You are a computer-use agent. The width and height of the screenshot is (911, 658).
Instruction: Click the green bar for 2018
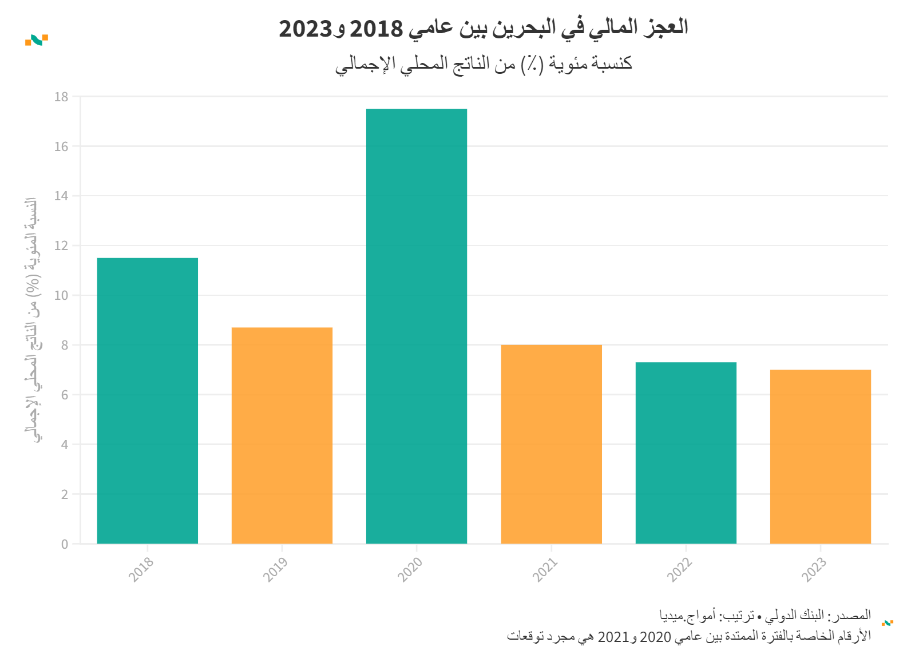(x=147, y=401)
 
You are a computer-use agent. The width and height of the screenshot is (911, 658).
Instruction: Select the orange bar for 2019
(x=282, y=435)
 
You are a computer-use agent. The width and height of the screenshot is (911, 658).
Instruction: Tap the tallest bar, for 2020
(x=416, y=326)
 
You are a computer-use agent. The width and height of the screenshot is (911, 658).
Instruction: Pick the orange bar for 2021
(x=551, y=444)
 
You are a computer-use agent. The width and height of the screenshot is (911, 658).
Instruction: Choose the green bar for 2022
(x=686, y=453)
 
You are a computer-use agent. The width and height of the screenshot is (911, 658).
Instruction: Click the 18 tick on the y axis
(x=61, y=97)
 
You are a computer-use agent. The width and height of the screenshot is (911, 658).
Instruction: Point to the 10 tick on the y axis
(x=61, y=296)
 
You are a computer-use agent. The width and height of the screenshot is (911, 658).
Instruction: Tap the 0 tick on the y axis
(x=65, y=544)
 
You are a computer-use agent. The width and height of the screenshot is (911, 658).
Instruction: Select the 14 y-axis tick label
(x=61, y=196)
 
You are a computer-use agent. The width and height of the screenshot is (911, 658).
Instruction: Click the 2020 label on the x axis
(x=410, y=569)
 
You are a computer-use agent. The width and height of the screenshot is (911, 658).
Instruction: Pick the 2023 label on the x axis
(x=814, y=569)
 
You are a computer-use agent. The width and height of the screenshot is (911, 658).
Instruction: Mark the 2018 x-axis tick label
(x=141, y=569)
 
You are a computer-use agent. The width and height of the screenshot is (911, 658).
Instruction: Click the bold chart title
(x=483, y=27)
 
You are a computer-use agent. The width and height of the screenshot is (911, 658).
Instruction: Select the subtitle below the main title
(x=484, y=64)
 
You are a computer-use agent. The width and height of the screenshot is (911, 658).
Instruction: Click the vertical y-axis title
(x=33, y=320)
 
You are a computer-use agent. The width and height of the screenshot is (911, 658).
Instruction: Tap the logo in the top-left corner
(x=36, y=40)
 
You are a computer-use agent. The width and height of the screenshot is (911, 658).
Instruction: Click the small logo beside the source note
(x=888, y=623)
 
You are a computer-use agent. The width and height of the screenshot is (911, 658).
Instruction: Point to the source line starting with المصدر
(x=765, y=616)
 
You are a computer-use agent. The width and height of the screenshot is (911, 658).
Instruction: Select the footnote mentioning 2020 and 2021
(x=688, y=636)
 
